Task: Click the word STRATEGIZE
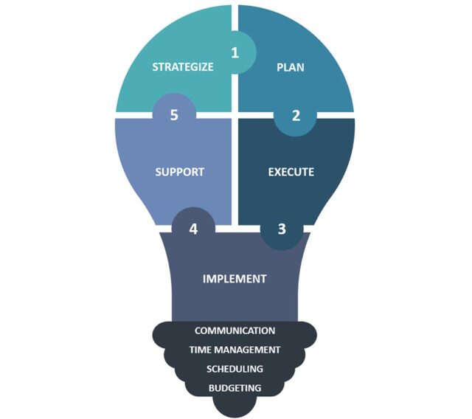[183, 67]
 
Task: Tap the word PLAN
[290, 67]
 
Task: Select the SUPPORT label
[180, 172]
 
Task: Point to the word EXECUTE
[291, 172]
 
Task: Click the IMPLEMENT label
[235, 279]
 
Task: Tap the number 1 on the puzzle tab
[235, 52]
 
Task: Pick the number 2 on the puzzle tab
[296, 116]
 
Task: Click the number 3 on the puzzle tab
[282, 229]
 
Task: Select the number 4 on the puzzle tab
[193, 229]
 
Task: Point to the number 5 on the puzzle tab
[174, 115]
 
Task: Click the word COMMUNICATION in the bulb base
[235, 330]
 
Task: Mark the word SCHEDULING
[235, 369]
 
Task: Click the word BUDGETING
[235, 388]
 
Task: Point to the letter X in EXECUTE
[278, 172]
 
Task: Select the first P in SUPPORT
[173, 172]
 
